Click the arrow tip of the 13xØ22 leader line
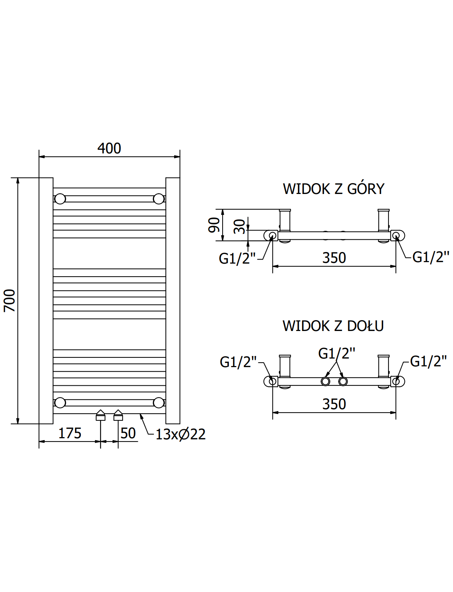(140, 414)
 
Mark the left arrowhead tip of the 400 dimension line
(39, 157)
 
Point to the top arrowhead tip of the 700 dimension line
(18, 178)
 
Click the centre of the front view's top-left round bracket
(60, 199)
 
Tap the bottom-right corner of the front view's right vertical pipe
(180, 424)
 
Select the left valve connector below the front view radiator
(100, 415)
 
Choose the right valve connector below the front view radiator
(118, 415)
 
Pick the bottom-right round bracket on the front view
(158, 402)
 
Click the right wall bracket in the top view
(384, 220)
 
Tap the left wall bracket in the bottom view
(285, 366)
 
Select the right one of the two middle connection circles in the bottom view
(343, 382)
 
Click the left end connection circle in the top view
(273, 236)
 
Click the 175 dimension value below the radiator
(70, 433)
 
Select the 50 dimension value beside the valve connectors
(128, 433)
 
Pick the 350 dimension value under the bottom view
(334, 404)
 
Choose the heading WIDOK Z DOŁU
(333, 326)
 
